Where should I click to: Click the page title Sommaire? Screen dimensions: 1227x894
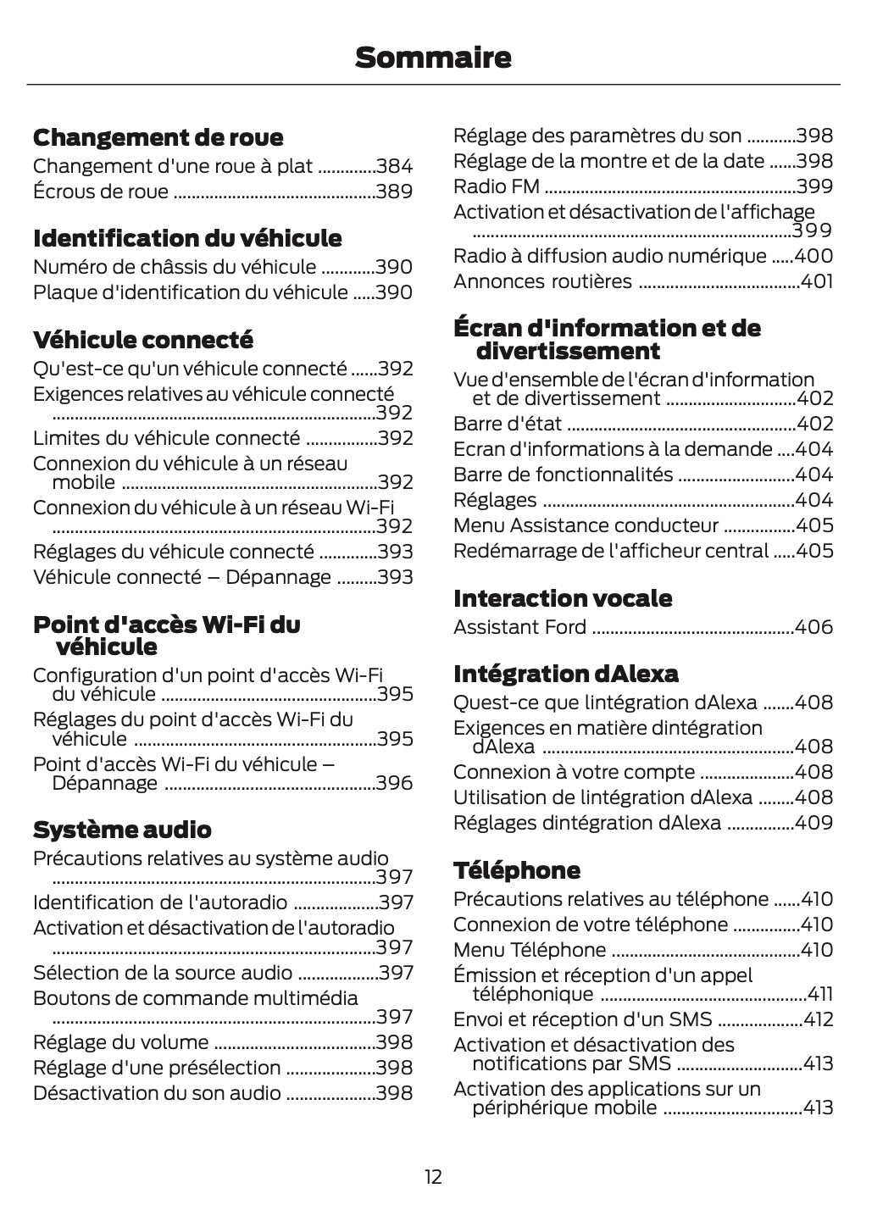[x=433, y=58]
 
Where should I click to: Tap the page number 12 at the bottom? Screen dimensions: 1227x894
[x=433, y=1176]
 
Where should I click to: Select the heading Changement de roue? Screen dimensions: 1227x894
[x=158, y=137]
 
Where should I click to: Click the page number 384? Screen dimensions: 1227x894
[x=394, y=166]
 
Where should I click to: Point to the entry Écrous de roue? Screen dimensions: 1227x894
[x=101, y=192]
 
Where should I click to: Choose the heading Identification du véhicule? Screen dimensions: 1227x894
[x=187, y=238]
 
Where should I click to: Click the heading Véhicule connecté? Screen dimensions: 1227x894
[x=142, y=340]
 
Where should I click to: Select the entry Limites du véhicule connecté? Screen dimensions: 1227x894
[x=166, y=438]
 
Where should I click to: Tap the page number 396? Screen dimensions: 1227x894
[x=394, y=783]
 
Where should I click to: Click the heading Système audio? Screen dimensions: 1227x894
[x=122, y=830]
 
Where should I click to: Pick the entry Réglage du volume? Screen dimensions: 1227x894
[x=120, y=1042]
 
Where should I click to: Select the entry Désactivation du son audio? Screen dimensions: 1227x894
[x=157, y=1093]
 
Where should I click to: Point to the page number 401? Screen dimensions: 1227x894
[x=817, y=281]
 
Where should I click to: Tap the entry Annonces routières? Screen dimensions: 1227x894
[x=542, y=281]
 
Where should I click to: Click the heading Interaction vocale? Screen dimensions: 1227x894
[x=563, y=598]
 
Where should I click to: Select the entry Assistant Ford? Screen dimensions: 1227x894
[x=519, y=627]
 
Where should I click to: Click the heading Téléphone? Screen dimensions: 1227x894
[x=517, y=870]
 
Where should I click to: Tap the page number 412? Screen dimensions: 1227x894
[x=818, y=1019]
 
